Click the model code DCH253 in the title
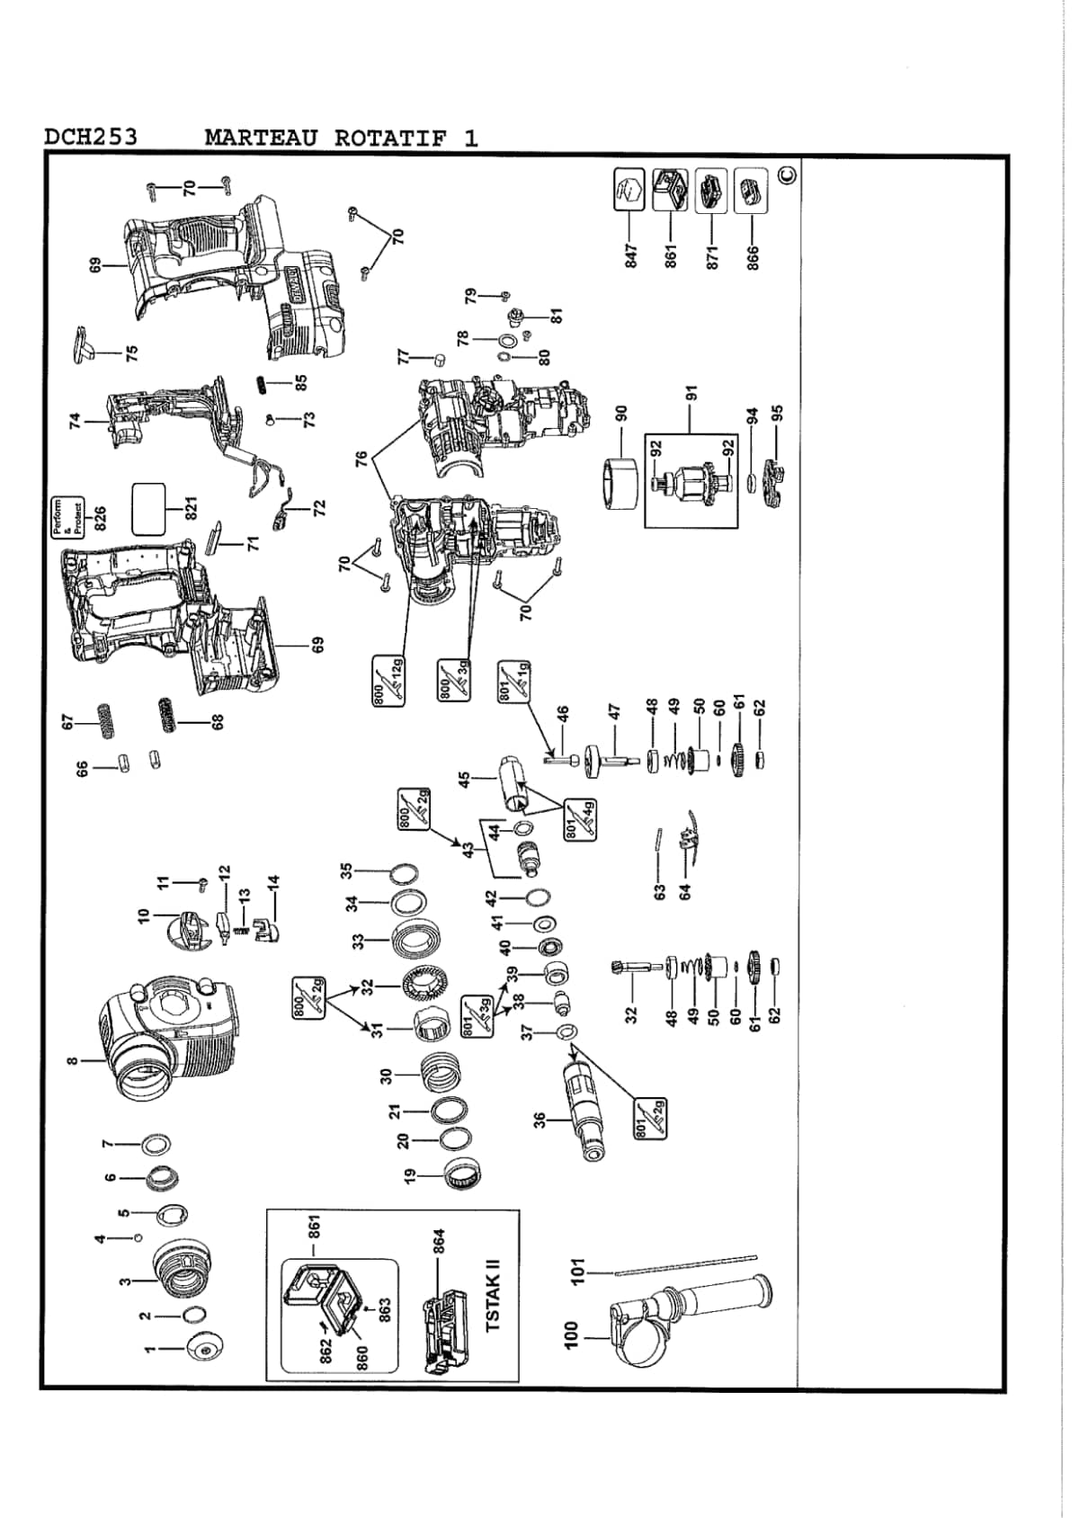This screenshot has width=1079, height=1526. click(90, 137)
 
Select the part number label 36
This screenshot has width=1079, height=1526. click(539, 1120)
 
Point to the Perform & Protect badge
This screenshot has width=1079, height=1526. click(67, 518)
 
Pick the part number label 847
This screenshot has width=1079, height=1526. click(630, 256)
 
